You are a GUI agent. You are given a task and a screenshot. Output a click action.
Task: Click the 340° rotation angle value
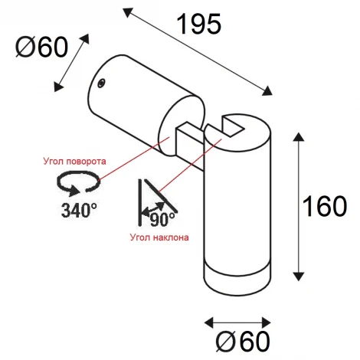tap(80, 209)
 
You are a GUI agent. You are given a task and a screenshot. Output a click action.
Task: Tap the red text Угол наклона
tap(159, 237)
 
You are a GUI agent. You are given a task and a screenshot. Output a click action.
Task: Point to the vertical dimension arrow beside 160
tap(299, 205)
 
